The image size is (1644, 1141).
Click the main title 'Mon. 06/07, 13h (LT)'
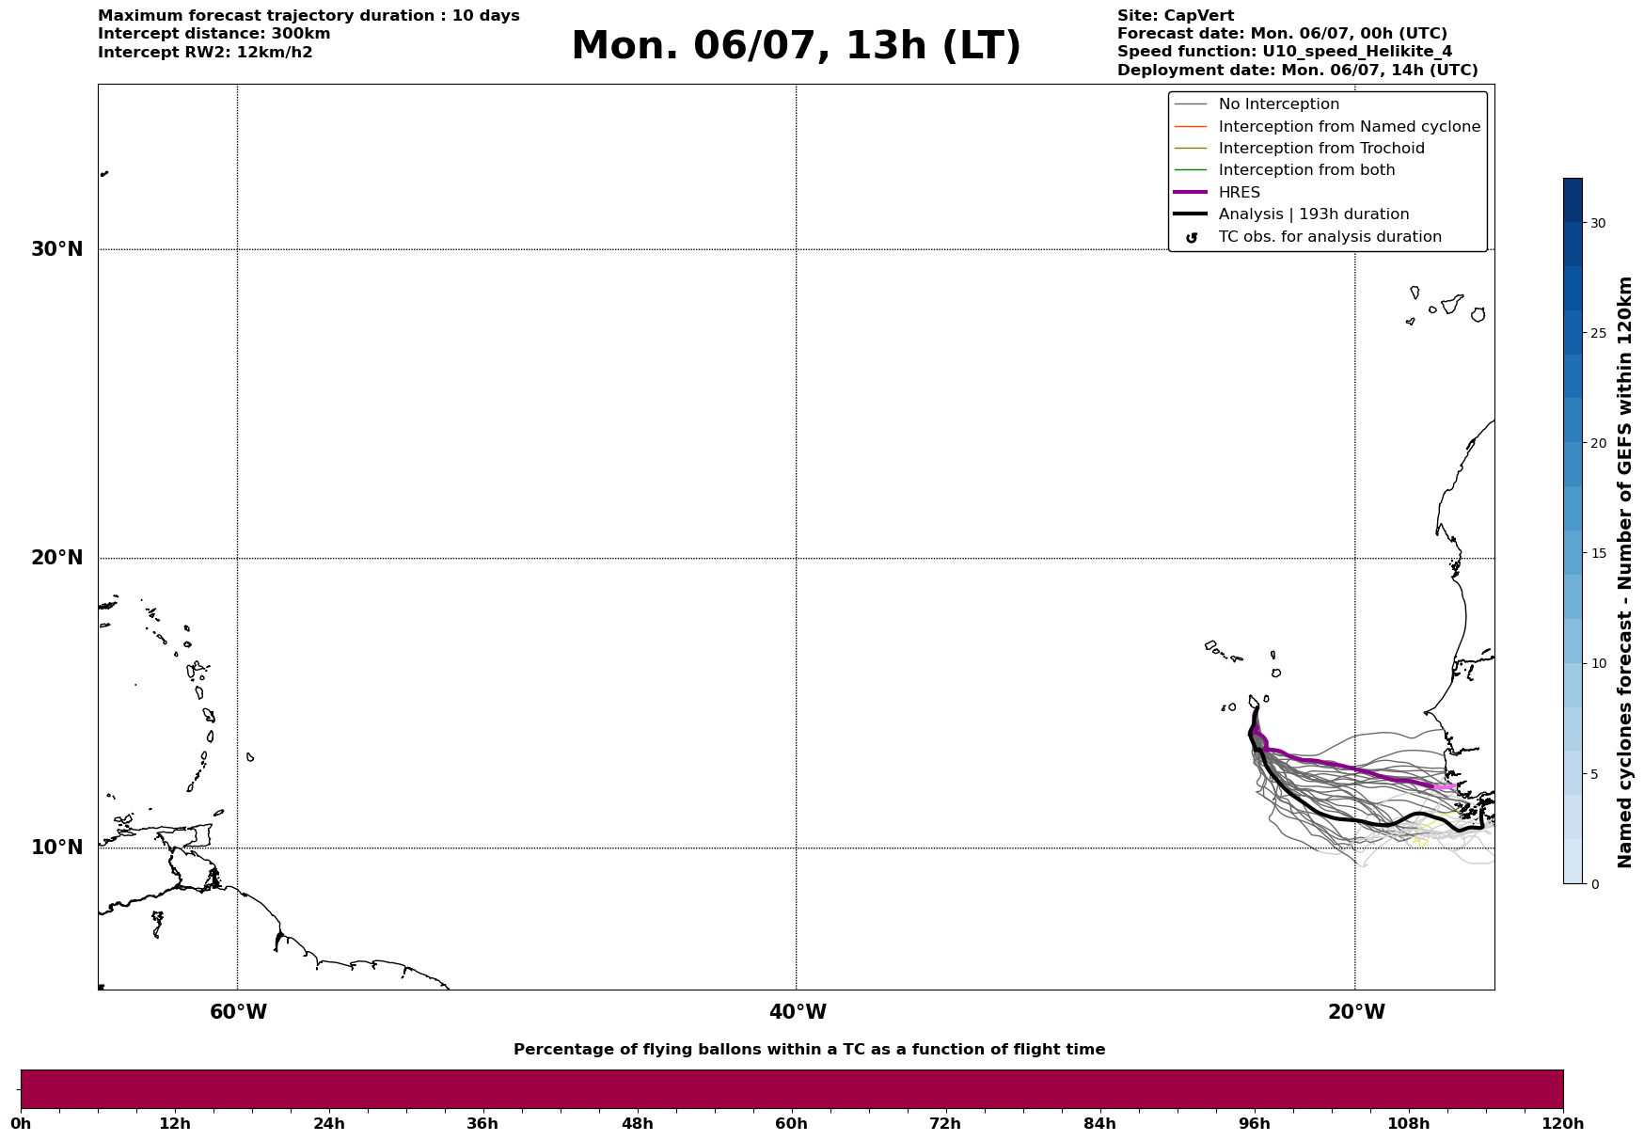(796, 46)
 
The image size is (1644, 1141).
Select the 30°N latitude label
(57, 249)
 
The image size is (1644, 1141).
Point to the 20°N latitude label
(57, 558)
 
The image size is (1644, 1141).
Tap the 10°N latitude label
(57, 848)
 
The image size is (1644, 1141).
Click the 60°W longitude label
(238, 1012)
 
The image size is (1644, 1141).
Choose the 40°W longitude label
(798, 1012)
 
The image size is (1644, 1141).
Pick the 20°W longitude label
(1356, 1012)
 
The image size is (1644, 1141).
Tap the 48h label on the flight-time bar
(637, 1123)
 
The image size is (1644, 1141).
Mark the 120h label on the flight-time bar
(1562, 1123)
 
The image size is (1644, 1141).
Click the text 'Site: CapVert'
(1176, 16)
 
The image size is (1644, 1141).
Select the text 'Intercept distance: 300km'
(214, 34)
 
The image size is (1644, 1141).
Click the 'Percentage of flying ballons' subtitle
(809, 1050)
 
